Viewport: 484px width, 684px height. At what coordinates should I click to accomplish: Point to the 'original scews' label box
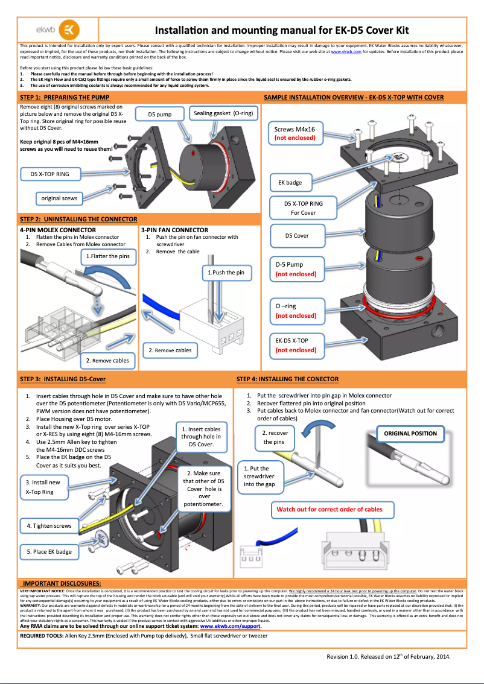(x=59, y=198)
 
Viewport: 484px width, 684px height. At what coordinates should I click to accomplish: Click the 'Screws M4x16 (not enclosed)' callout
(x=295, y=133)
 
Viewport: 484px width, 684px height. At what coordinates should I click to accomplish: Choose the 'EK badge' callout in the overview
(x=290, y=182)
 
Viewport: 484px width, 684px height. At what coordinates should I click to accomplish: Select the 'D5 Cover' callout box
(x=297, y=236)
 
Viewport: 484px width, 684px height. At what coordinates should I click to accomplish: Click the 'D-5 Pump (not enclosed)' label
(x=296, y=269)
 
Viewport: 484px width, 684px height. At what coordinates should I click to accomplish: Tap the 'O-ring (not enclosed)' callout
(x=296, y=311)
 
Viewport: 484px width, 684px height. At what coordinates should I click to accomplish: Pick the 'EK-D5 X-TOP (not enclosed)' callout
(x=296, y=345)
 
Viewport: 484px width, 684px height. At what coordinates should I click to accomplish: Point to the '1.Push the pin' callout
(x=226, y=273)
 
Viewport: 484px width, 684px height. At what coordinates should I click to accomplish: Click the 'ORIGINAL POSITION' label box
(x=410, y=434)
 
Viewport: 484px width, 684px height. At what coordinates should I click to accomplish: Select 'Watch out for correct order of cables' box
(x=330, y=509)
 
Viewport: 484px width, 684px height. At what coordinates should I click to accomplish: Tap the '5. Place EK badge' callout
(x=49, y=551)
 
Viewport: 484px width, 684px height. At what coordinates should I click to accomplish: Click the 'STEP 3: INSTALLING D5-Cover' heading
(x=63, y=379)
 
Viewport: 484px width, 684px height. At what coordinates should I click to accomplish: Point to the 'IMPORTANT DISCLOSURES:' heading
(x=62, y=584)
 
